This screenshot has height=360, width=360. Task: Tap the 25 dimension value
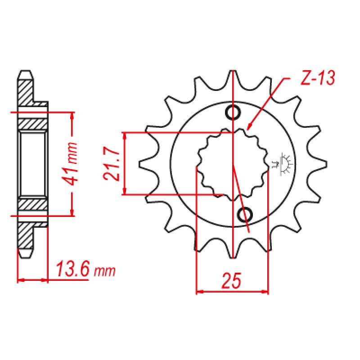pyautogui.click(x=232, y=280)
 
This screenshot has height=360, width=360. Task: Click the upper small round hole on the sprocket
pyautogui.click(x=233, y=112)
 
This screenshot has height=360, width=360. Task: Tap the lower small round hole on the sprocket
pyautogui.click(x=246, y=215)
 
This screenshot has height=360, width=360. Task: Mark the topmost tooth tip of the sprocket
pyautogui.click(x=233, y=72)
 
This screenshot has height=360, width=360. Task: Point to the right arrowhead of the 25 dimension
pyautogui.click(x=265, y=292)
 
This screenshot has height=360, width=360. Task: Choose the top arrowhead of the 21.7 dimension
pyautogui.click(x=126, y=135)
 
